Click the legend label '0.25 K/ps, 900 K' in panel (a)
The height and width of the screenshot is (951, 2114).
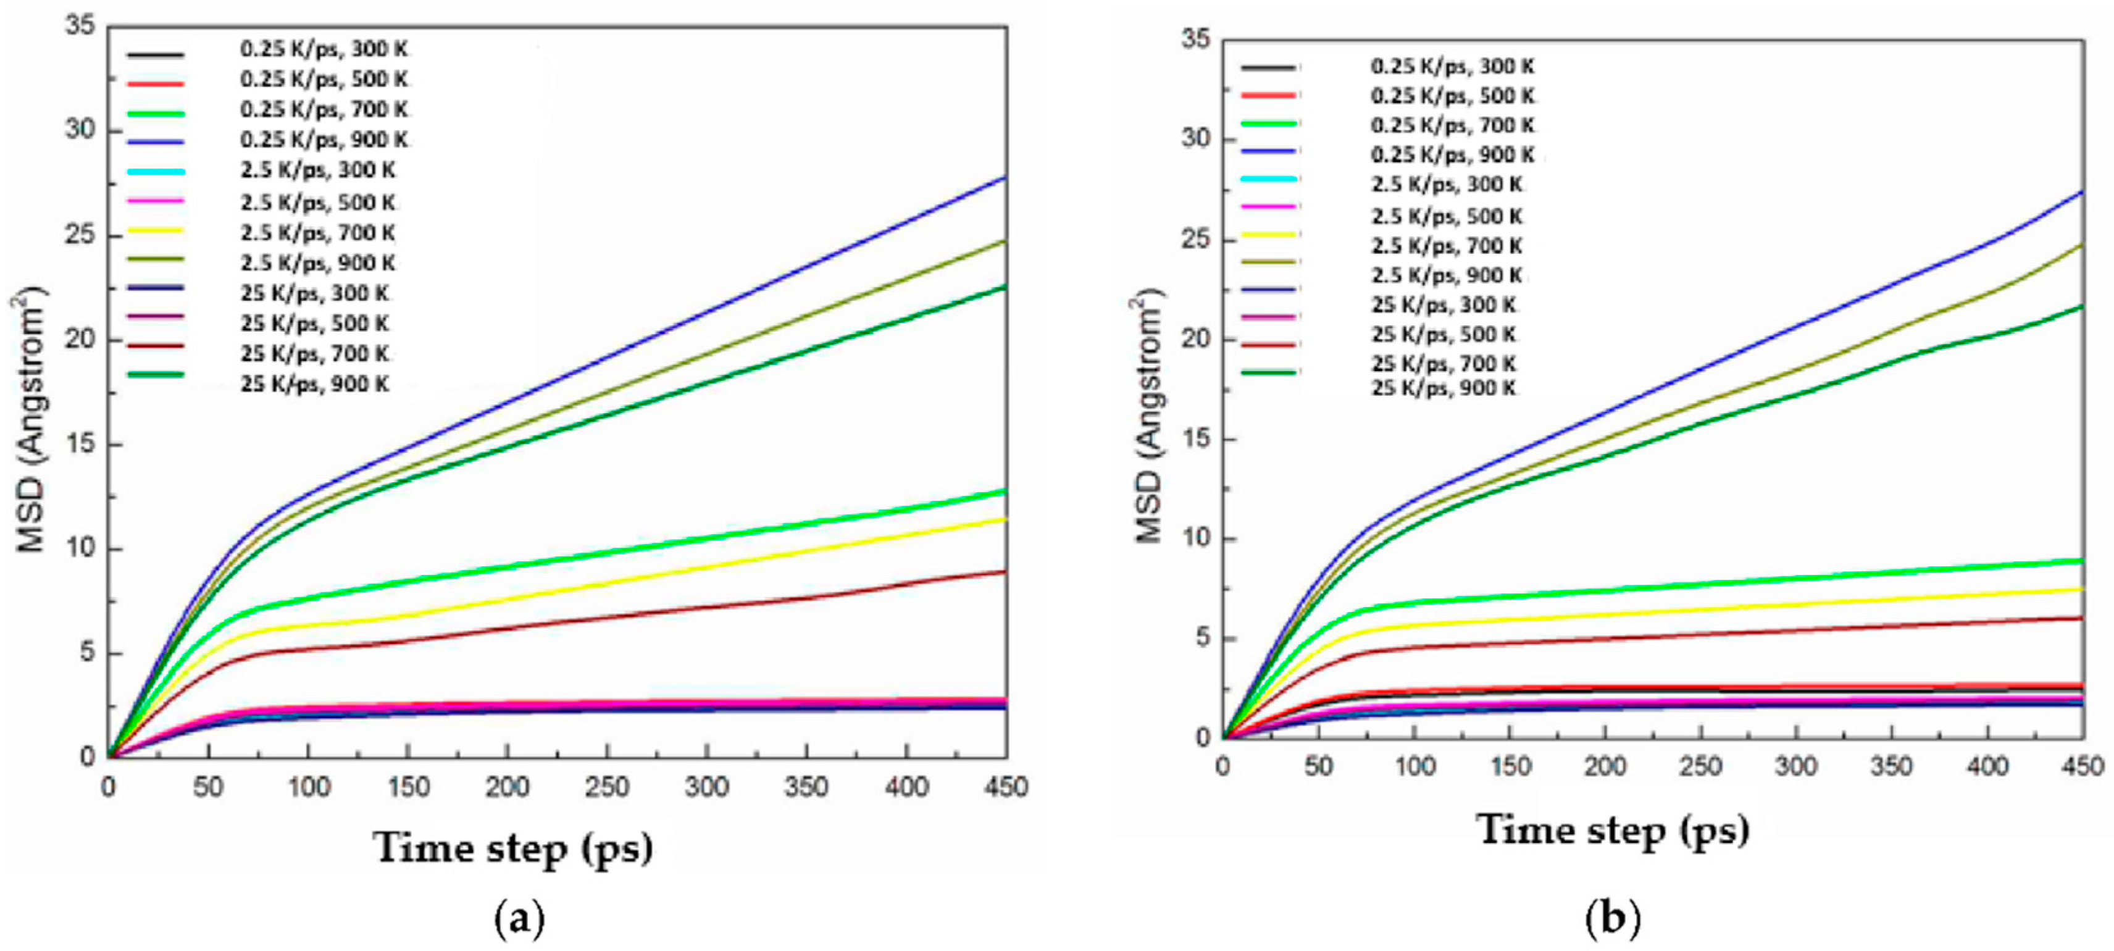(324, 140)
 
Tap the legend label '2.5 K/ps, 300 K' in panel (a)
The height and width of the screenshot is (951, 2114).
(317, 170)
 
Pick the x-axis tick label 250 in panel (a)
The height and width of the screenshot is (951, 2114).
(606, 788)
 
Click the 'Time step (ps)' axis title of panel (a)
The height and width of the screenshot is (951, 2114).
(514, 848)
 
